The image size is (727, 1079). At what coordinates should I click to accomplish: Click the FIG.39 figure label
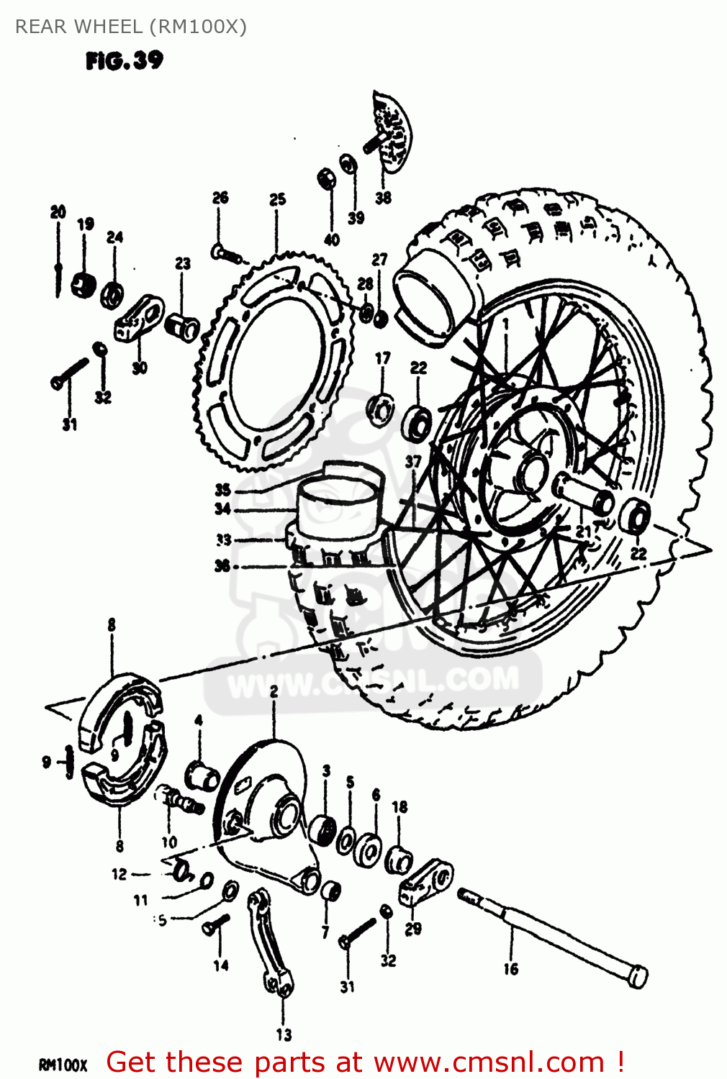[124, 60]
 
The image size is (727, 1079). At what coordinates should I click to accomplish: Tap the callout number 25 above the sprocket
[277, 199]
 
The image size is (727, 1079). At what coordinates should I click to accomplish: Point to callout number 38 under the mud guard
[383, 197]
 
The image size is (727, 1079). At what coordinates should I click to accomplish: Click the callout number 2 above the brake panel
[274, 691]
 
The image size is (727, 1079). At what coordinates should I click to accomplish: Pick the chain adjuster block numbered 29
[425, 882]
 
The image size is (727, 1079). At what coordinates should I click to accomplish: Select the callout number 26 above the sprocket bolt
[220, 197]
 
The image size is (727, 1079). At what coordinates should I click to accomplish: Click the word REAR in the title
[42, 27]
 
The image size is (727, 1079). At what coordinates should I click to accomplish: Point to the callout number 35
[222, 490]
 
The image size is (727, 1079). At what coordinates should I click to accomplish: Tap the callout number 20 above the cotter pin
[58, 211]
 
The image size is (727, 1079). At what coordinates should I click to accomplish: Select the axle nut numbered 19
[83, 283]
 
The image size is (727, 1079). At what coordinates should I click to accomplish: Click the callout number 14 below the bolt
[220, 965]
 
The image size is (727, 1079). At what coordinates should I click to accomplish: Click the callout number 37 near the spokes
[412, 461]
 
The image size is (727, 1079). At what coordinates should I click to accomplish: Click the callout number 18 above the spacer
[399, 807]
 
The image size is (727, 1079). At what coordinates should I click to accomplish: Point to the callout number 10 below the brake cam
[168, 842]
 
